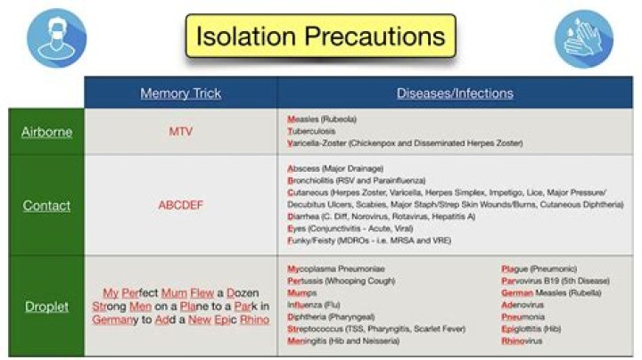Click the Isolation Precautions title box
click(x=320, y=37)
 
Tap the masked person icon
click(x=55, y=37)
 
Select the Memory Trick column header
click(x=180, y=93)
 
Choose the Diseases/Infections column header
click(x=455, y=93)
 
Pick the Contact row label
click(x=46, y=205)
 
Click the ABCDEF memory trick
click(x=180, y=205)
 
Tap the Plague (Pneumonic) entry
click(x=539, y=268)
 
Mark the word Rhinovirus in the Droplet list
click(x=524, y=340)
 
